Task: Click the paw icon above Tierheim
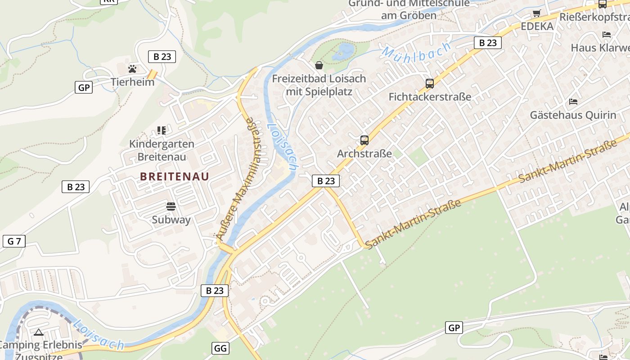pos(132,69)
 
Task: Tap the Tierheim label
pos(132,82)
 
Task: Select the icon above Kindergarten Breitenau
pos(162,130)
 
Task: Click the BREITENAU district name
pos(175,176)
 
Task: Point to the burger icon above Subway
pos(171,207)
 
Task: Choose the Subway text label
pos(171,220)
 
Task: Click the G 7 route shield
pos(14,241)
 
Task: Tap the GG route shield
pos(220,348)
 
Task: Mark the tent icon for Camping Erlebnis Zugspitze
pos(38,333)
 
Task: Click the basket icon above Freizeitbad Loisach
pos(319,66)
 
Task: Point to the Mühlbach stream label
pos(416,50)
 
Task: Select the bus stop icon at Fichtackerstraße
pos(430,83)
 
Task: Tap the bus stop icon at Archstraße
pos(364,140)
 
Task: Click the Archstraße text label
pos(364,153)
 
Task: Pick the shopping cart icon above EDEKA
pos(536,13)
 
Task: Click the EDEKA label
pos(537,26)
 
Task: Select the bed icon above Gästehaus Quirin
pos(573,102)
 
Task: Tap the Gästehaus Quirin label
pos(573,115)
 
